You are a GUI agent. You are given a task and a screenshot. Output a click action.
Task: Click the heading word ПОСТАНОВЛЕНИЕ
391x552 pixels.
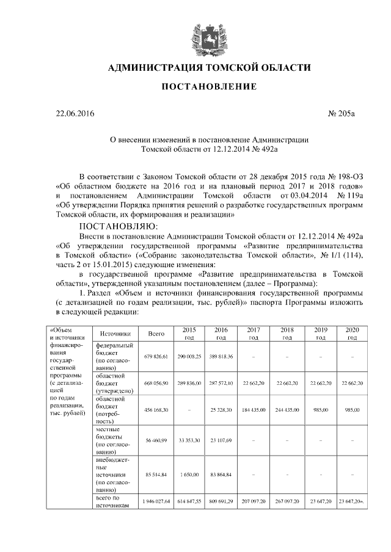[x=209, y=87]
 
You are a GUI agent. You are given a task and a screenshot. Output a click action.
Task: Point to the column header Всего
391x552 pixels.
[x=156, y=334]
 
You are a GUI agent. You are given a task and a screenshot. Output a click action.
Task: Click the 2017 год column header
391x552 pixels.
[x=254, y=334]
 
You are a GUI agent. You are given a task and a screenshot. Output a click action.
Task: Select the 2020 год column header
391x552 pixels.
[x=352, y=334]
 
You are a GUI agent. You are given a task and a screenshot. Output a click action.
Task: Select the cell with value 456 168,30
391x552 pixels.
[x=156, y=409]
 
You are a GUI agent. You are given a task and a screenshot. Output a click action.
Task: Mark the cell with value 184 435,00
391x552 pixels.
[x=254, y=409]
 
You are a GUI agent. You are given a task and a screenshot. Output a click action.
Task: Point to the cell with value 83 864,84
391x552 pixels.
[x=221, y=474]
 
